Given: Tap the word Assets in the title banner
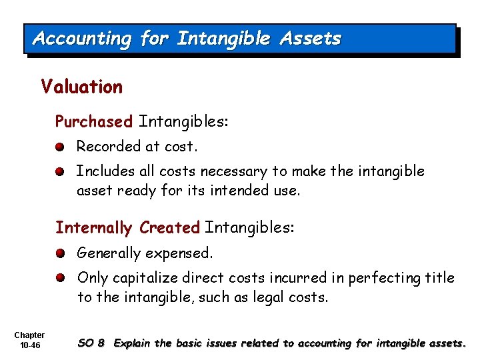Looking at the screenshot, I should coord(310,39).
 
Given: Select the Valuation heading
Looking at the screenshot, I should coord(81,87).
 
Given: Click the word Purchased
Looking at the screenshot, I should coord(94,122).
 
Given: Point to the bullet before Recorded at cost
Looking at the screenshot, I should coord(60,147).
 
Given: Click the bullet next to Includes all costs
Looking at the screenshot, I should coord(60,171).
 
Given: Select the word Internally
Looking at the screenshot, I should coord(94,228).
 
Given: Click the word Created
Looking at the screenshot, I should coord(170,228).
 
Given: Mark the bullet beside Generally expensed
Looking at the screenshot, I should coord(60,253).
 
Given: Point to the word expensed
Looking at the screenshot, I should coord(180,254).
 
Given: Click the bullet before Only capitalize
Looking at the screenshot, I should coord(60,278).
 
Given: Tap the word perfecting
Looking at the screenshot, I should coord(383,278).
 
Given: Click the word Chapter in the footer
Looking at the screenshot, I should coord(29,335).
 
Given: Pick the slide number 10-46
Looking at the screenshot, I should coord(29,345).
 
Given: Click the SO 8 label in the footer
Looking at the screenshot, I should coord(91,343).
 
